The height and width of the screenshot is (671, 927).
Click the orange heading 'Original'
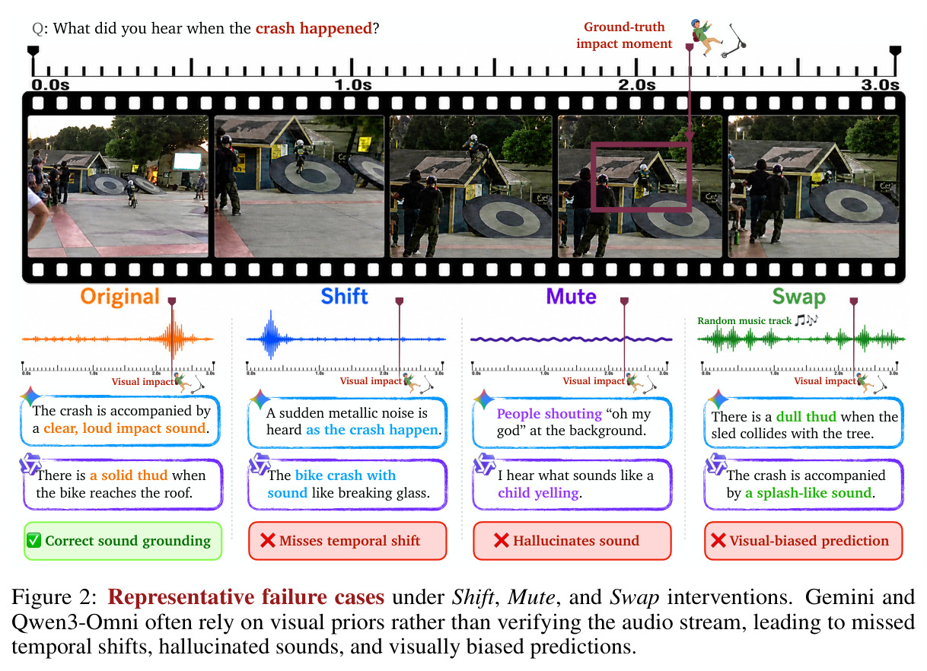(120, 297)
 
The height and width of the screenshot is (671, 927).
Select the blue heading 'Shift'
(344, 296)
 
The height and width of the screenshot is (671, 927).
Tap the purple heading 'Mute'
(571, 297)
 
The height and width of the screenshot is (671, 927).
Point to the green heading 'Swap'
(798, 297)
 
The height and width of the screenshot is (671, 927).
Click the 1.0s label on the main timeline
(353, 84)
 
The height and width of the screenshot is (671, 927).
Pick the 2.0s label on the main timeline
(637, 84)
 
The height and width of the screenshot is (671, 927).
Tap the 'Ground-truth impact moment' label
(624, 35)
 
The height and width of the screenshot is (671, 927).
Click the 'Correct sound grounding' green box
(123, 541)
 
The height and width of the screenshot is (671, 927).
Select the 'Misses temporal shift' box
(348, 541)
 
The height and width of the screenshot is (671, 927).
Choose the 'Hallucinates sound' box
(572, 541)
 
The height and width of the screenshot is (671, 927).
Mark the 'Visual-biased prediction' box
(803, 541)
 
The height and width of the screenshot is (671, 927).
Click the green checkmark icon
(34, 540)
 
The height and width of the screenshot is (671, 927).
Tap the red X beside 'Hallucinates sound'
(501, 540)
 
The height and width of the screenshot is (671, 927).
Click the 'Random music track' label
(744, 320)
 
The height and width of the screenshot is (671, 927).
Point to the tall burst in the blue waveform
(271, 335)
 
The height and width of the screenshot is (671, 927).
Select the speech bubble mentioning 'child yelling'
(572, 485)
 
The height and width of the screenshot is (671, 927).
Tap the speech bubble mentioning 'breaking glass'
(348, 485)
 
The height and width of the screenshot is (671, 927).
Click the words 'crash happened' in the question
(314, 29)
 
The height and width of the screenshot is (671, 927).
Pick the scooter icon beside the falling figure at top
(734, 40)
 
